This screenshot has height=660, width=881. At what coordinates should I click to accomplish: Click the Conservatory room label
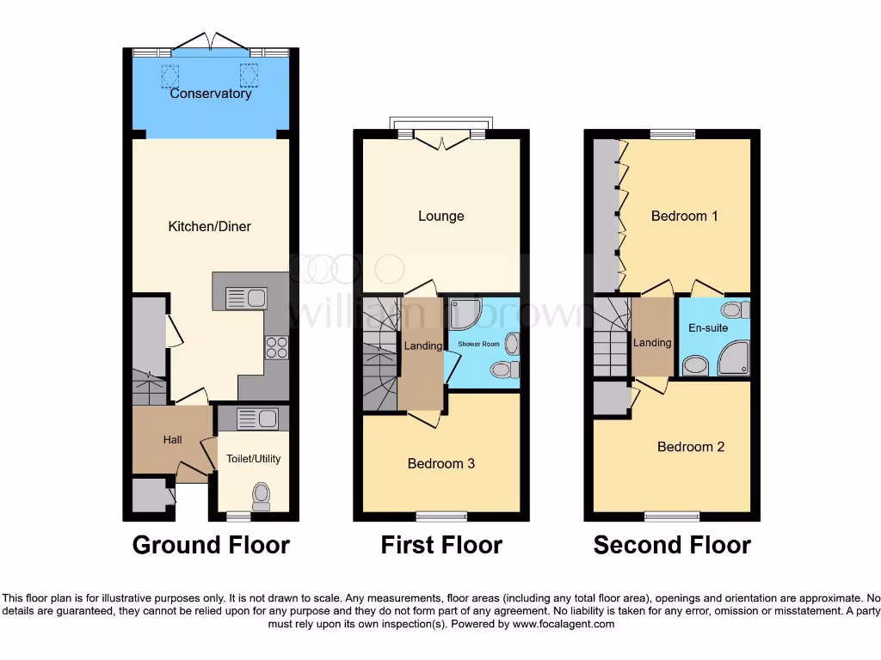coord(211,94)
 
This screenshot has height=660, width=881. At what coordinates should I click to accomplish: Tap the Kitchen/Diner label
coord(209,227)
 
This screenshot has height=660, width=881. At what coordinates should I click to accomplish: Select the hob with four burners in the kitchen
coord(276,346)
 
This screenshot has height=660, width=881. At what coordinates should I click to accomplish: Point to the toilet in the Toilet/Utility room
coord(262,496)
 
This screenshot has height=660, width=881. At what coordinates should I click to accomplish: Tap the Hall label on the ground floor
coord(173,440)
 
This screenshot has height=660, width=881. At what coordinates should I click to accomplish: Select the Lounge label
coord(441,217)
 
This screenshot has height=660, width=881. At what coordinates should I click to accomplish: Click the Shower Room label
coord(478,344)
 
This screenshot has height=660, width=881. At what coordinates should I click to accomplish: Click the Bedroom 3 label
coord(441,464)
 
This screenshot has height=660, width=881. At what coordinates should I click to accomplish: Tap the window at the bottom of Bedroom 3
coord(441,516)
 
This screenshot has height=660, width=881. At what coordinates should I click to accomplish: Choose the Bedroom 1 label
coord(684,217)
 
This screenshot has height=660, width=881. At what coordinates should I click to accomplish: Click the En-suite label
coord(708,328)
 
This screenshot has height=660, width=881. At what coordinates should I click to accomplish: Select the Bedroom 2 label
coord(691,447)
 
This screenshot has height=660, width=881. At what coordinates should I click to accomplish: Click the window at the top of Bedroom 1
coord(673,134)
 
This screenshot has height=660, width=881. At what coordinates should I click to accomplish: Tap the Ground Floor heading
coord(211,545)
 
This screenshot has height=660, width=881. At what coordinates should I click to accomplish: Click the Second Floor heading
coord(672,545)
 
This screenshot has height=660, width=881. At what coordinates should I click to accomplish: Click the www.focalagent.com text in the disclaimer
coord(564,624)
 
